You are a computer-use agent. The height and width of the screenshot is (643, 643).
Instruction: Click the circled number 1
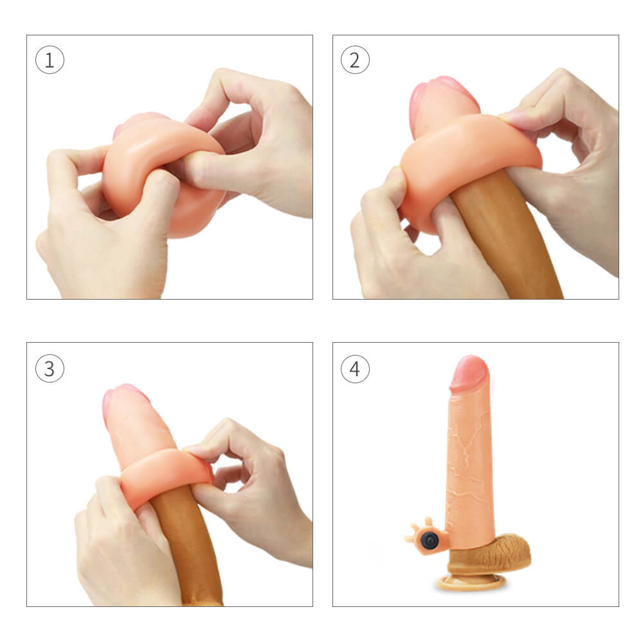pyautogui.click(x=50, y=61)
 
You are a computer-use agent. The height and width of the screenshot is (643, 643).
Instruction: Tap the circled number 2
pyautogui.click(x=355, y=61)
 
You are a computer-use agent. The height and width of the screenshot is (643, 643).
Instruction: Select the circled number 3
pyautogui.click(x=50, y=369)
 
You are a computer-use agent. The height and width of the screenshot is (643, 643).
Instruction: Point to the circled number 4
pyautogui.click(x=355, y=369)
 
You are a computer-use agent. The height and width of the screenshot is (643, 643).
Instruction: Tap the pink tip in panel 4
pyautogui.click(x=469, y=372)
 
